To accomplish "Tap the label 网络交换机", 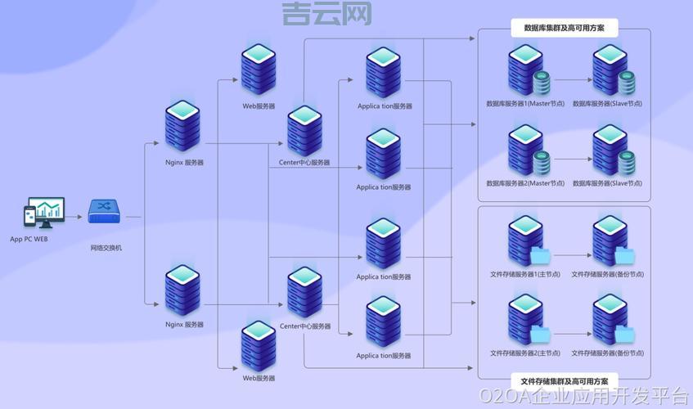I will [106, 248].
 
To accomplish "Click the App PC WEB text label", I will [29, 240].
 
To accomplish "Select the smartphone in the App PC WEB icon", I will [29, 216].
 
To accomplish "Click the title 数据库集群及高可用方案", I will [565, 29].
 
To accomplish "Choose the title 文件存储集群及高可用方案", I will [565, 381].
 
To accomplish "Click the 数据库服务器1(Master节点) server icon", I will [524, 69].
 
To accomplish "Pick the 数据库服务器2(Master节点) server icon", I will [524, 148].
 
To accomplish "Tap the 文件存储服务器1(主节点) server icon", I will [524, 239].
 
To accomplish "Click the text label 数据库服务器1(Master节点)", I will [525, 104].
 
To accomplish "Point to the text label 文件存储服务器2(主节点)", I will [525, 353].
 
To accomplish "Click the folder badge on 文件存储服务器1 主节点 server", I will [541, 254].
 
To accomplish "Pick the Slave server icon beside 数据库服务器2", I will [610, 148].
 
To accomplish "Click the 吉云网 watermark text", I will [326, 12].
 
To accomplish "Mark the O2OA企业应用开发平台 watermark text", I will [584, 397].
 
